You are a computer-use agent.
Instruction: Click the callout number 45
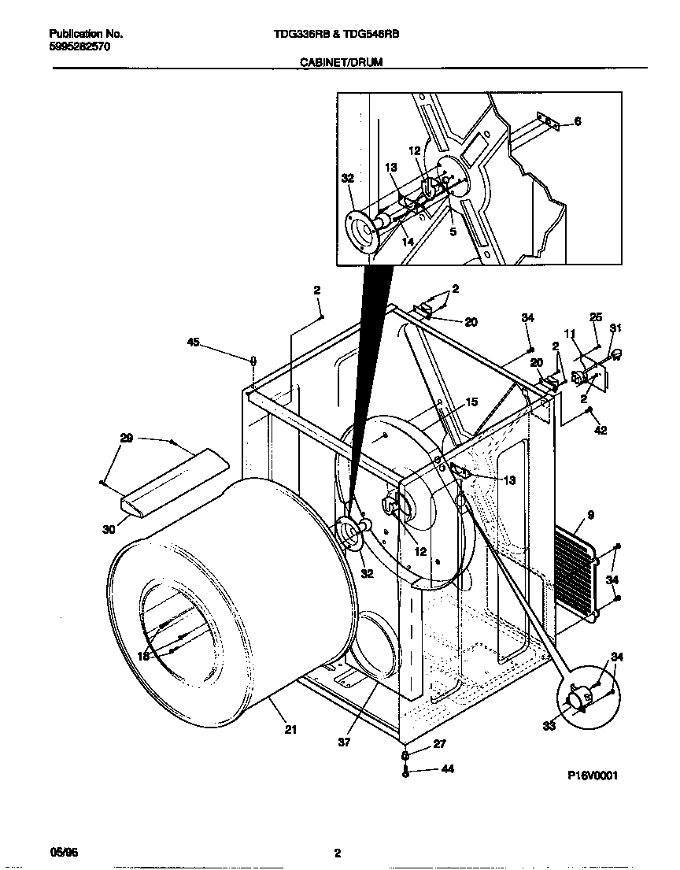[x=193, y=342]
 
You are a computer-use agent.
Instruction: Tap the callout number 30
[x=109, y=530]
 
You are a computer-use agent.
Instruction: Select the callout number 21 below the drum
[x=290, y=729]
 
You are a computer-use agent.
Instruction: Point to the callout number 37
[x=344, y=741]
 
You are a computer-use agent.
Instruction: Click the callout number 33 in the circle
[x=549, y=725]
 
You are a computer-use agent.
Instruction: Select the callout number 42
[x=601, y=430]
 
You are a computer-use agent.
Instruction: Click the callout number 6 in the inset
[x=578, y=121]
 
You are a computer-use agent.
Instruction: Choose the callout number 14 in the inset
[x=408, y=242]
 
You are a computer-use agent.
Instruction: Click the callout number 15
[x=472, y=402]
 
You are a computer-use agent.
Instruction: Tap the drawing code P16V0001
[x=593, y=775]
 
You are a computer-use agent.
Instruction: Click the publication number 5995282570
[x=79, y=46]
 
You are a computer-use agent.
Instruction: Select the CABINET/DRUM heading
[x=341, y=62]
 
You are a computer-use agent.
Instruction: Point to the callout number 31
[x=615, y=328]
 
